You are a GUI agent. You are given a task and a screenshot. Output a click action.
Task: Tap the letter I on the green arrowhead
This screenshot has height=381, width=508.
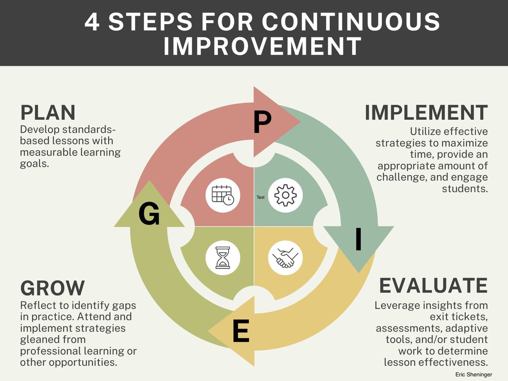[x=358, y=239]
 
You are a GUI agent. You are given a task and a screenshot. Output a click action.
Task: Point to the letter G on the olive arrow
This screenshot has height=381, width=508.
[x=149, y=214]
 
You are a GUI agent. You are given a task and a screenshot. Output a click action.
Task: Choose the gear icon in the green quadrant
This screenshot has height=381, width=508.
[x=285, y=195]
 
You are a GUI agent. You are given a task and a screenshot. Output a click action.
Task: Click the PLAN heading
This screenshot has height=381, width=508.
[x=48, y=113]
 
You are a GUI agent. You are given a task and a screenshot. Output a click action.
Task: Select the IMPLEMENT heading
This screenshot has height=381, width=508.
[x=426, y=113]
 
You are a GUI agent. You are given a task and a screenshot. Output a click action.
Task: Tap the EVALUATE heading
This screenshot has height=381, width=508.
[x=433, y=286]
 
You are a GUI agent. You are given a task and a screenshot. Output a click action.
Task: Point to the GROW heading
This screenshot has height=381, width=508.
[x=52, y=288]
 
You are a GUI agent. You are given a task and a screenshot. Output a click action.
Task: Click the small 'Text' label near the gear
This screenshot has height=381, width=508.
[x=260, y=197]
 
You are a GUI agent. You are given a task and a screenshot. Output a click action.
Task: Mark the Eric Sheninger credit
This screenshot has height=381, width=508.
[x=474, y=375]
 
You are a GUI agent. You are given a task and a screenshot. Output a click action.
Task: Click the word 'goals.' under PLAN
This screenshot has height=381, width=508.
[x=35, y=164]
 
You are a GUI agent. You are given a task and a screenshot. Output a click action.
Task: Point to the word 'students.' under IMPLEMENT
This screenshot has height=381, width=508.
[x=465, y=188]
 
